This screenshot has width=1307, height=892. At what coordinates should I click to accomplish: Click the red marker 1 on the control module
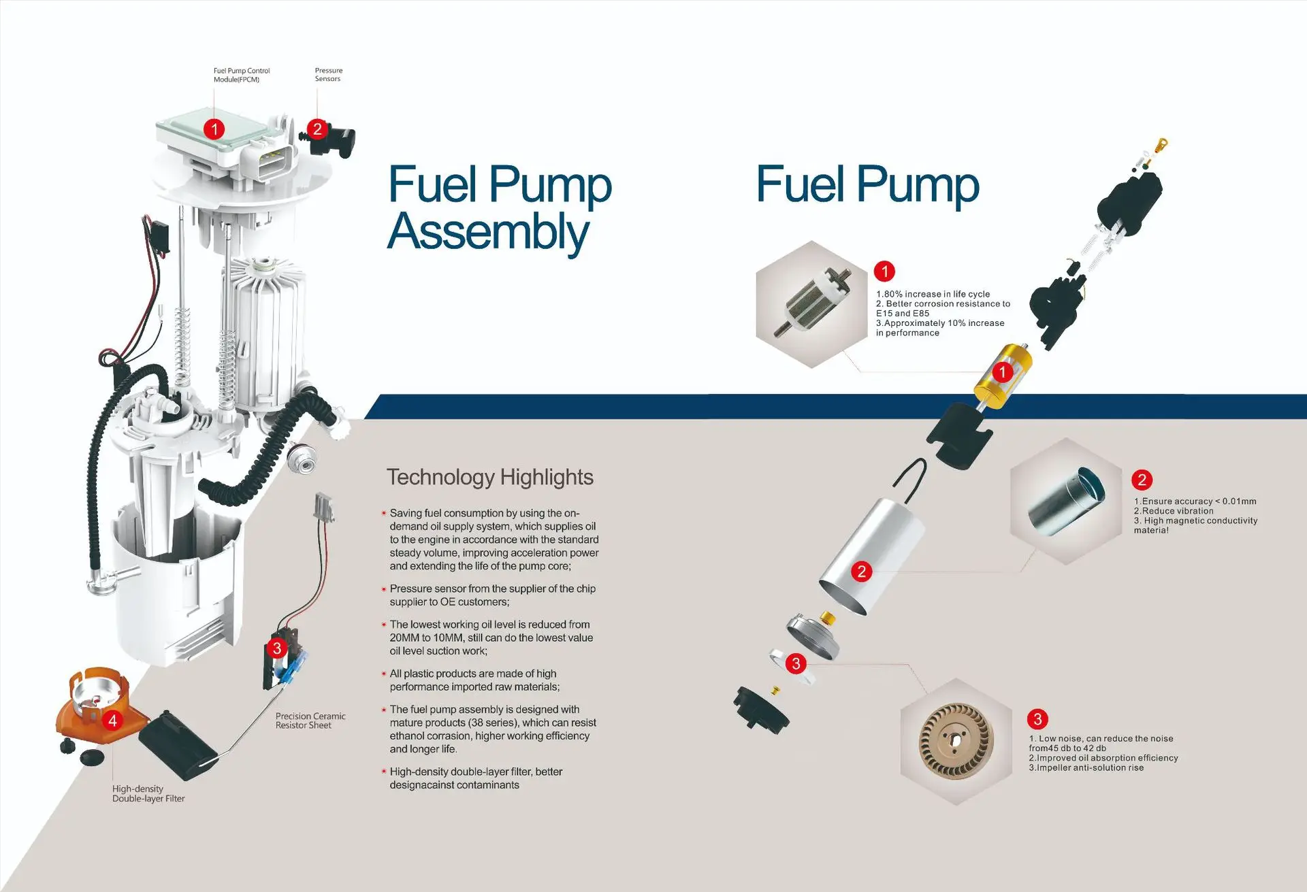click(214, 129)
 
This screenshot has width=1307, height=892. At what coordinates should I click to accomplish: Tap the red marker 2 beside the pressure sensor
click(317, 129)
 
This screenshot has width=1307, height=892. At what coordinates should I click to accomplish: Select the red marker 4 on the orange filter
click(112, 720)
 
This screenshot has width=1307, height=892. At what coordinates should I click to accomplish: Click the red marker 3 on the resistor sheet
click(276, 648)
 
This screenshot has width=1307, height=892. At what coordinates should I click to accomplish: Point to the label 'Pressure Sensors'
click(328, 75)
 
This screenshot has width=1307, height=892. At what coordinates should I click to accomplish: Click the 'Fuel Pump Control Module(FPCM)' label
click(241, 75)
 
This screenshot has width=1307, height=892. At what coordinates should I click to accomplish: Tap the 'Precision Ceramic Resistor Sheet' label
click(310, 721)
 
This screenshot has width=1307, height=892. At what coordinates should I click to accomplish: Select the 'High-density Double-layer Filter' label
click(148, 793)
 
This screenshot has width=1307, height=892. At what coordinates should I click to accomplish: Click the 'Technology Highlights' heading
click(489, 477)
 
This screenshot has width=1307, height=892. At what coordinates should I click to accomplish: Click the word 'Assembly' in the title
click(488, 231)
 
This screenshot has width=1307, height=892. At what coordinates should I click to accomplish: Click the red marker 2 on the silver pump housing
click(862, 571)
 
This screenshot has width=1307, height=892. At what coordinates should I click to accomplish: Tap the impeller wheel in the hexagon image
click(956, 740)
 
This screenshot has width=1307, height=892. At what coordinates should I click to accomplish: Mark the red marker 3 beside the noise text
click(1037, 718)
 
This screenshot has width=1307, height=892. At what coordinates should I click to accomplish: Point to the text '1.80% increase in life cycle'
click(933, 294)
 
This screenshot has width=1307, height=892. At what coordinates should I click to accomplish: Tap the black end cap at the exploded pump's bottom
click(761, 709)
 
